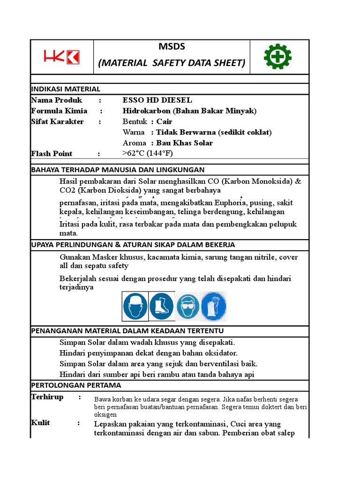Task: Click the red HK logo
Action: (x=61, y=57)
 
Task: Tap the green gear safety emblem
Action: (x=277, y=57)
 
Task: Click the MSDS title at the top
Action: (x=172, y=46)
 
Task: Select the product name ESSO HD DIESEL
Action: (x=157, y=100)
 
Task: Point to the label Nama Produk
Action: (x=56, y=100)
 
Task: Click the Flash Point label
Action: (x=52, y=154)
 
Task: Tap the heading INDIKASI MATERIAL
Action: (x=66, y=89)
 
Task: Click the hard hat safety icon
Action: (x=135, y=306)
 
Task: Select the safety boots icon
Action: (x=162, y=306)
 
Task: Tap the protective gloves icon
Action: (x=213, y=307)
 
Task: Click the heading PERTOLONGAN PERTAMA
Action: (x=76, y=385)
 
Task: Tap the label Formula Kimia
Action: (x=59, y=111)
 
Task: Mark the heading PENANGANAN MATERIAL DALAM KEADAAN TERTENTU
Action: (x=121, y=331)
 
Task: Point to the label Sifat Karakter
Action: (x=57, y=121)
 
